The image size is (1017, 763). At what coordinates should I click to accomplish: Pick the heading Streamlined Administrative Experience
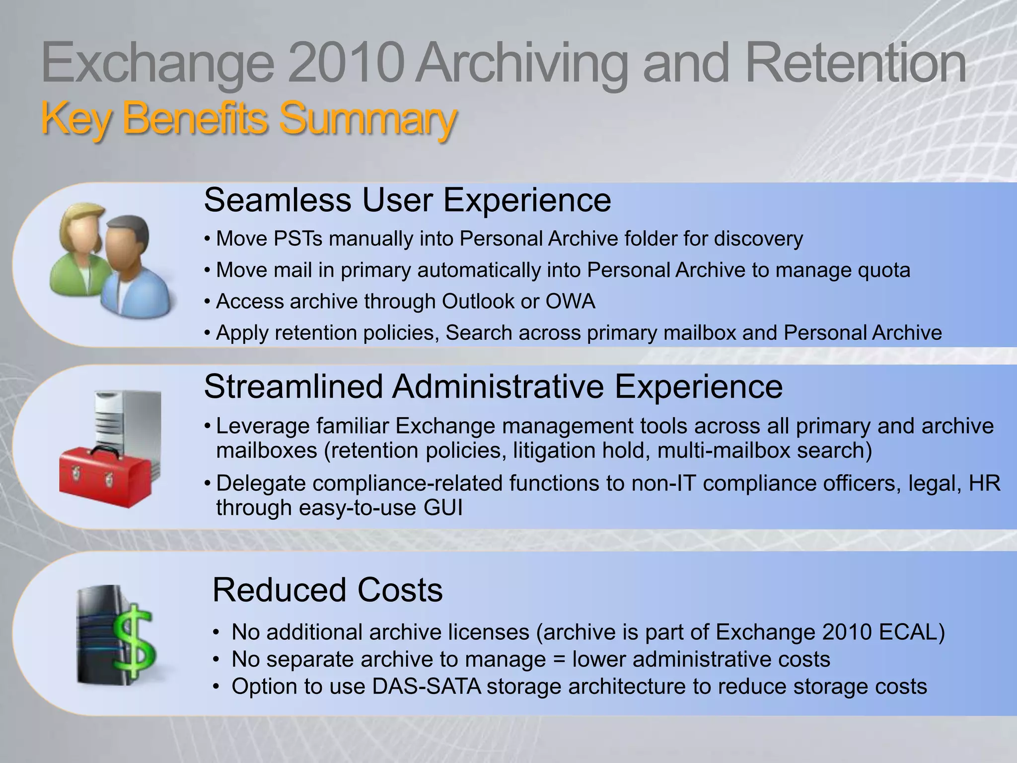coord(493,386)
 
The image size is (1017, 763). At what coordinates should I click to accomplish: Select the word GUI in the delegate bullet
coord(443,508)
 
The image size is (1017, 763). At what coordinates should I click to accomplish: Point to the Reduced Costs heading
coord(327,590)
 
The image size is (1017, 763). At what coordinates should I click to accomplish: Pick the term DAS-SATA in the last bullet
coord(427,687)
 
